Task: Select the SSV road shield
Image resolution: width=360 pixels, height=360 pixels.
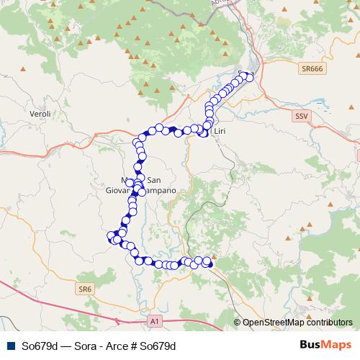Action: (301, 115)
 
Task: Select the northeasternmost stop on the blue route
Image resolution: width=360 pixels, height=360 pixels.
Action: (250, 76)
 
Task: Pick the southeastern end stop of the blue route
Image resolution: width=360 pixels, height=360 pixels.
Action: (210, 264)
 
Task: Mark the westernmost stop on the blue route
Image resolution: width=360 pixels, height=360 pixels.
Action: (111, 235)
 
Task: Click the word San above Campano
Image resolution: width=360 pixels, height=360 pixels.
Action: (154, 180)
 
